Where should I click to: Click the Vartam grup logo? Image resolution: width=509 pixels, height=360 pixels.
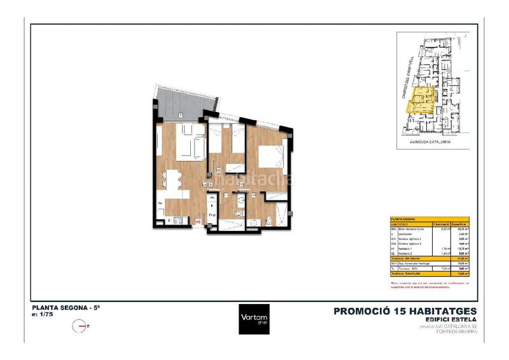pyautogui.click(x=254, y=319)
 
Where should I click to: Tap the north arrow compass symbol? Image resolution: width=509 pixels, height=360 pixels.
pyautogui.click(x=80, y=326)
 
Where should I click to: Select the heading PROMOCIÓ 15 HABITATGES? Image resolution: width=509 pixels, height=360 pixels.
pyautogui.click(x=405, y=311)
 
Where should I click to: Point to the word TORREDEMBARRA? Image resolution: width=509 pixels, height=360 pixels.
pyautogui.click(x=454, y=331)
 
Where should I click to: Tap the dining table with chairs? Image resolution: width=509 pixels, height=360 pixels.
pyautogui.click(x=172, y=183)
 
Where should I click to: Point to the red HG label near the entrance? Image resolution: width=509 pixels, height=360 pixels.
pyautogui.click(x=198, y=221)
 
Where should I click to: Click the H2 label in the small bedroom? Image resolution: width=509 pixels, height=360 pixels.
pyautogui.click(x=218, y=170)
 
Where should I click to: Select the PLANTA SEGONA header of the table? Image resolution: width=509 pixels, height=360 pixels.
pyautogui.click(x=403, y=218)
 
